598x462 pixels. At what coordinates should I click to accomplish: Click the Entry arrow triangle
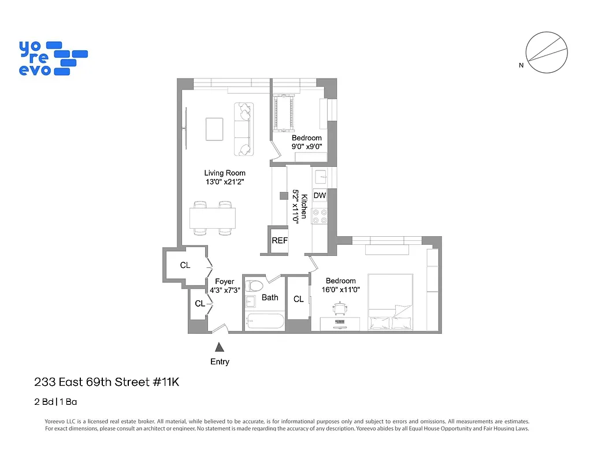click(x=219, y=347)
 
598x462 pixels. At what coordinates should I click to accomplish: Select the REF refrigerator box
click(x=280, y=241)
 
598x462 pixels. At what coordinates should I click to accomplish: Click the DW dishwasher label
click(x=320, y=196)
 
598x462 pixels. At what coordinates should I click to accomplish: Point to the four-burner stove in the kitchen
click(x=320, y=217)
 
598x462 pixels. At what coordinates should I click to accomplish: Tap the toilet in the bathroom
click(x=255, y=286)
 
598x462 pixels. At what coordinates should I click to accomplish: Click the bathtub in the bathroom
click(x=264, y=322)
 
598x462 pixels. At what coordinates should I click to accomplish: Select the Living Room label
click(x=225, y=173)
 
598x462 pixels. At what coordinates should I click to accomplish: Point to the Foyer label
click(x=225, y=282)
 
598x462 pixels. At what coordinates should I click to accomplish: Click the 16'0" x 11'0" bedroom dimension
click(x=340, y=290)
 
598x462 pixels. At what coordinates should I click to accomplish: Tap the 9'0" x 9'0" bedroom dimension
click(x=306, y=147)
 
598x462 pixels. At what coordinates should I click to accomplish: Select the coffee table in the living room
click(x=214, y=129)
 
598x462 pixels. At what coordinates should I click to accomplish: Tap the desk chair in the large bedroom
click(x=339, y=309)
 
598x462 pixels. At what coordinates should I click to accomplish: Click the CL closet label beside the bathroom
click(x=298, y=299)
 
